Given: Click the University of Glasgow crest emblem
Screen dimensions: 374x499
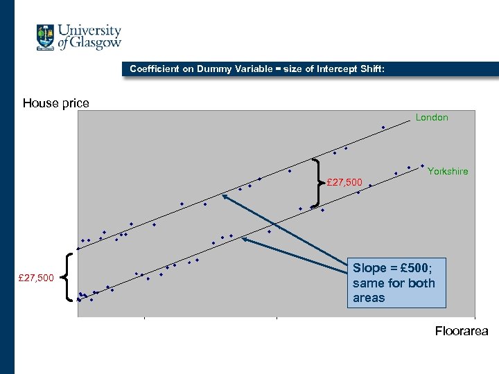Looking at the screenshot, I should pyautogui.click(x=46, y=37).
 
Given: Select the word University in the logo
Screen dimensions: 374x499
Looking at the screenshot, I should pyautogui.click(x=89, y=30).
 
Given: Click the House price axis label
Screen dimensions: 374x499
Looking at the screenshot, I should pyautogui.click(x=55, y=103).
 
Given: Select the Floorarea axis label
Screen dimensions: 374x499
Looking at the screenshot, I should pyautogui.click(x=461, y=331).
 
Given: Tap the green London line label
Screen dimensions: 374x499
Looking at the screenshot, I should pyautogui.click(x=432, y=118).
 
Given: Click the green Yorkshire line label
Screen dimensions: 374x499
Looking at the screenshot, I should pyautogui.click(x=448, y=171).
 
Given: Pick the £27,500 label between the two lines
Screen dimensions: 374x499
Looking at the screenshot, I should pyautogui.click(x=344, y=182).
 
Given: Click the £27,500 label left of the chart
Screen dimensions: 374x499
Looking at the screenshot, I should pyautogui.click(x=35, y=278).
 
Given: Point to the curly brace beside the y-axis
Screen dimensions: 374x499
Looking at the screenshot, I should pyautogui.click(x=70, y=277).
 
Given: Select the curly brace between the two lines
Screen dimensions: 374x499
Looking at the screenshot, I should pyautogui.click(x=318, y=182).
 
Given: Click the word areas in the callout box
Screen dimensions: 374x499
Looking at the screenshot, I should pyautogui.click(x=368, y=298).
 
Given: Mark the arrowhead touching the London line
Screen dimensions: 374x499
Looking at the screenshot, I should pyautogui.click(x=225, y=197).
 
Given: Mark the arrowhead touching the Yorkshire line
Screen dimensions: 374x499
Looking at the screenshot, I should pyautogui.click(x=244, y=240).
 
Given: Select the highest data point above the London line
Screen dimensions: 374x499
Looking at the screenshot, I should pyautogui.click(x=383, y=127).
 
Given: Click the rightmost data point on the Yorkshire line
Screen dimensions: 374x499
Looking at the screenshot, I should pyautogui.click(x=422, y=166).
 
